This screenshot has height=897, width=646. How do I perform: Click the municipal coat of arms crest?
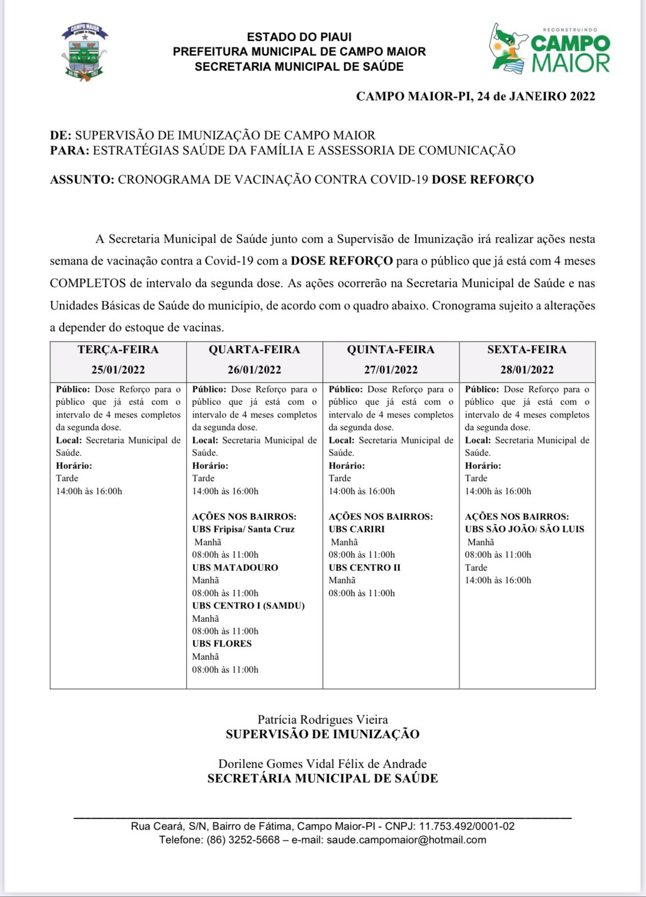click(x=84, y=52)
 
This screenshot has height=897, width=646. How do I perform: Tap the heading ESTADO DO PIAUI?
click(x=299, y=37)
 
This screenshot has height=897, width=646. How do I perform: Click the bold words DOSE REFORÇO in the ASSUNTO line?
click(x=482, y=180)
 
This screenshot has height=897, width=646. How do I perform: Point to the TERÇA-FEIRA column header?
click(x=118, y=350)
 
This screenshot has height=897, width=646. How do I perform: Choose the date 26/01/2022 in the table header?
click(x=254, y=370)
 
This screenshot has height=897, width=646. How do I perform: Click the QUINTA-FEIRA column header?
click(x=390, y=350)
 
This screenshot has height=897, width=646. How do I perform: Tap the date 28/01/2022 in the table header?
click(x=527, y=370)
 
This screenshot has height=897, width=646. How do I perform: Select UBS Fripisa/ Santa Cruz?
click(x=243, y=529)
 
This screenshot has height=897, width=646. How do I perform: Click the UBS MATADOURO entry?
click(x=235, y=567)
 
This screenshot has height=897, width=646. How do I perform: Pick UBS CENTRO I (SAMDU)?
click(x=248, y=605)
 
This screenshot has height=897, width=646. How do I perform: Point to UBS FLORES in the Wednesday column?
click(x=222, y=644)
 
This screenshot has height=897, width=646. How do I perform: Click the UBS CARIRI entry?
click(x=357, y=529)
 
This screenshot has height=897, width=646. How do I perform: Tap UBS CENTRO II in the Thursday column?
click(x=364, y=567)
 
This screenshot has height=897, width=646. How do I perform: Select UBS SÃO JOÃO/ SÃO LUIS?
click(x=524, y=529)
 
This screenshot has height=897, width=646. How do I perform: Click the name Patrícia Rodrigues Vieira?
click(x=322, y=719)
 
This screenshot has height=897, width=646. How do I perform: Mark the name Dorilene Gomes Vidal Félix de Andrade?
click(x=322, y=764)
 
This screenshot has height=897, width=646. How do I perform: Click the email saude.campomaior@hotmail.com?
click(x=406, y=840)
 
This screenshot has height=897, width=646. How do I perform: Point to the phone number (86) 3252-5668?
click(x=243, y=840)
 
